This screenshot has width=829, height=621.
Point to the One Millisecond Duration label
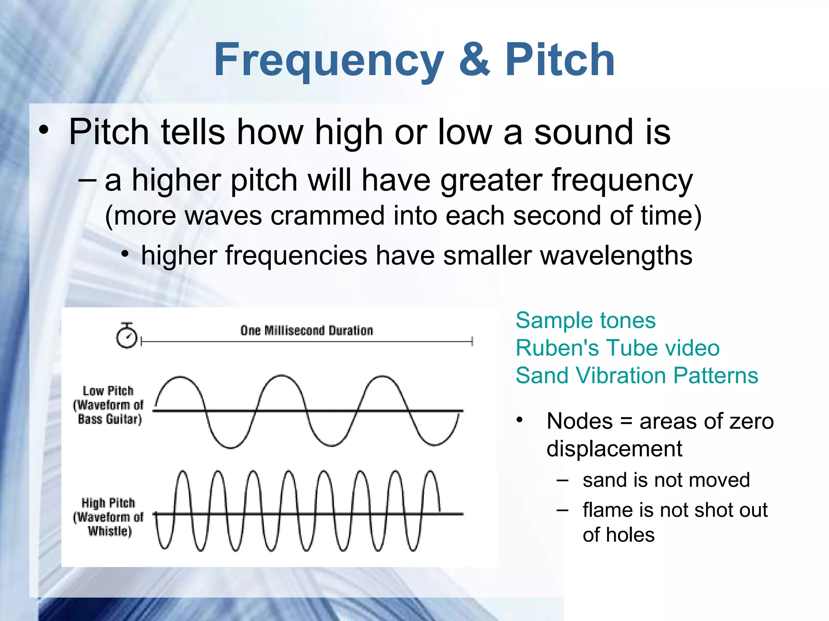click(x=306, y=331)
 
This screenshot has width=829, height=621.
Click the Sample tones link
click(x=585, y=321)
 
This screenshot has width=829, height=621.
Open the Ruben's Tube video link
click(x=617, y=348)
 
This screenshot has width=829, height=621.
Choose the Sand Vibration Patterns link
click(x=636, y=376)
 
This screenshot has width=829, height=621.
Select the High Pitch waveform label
click(x=108, y=517)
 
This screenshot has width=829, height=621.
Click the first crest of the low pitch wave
click(x=180, y=378)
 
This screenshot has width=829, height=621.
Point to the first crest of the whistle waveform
click(x=183, y=472)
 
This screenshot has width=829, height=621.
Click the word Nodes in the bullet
click(x=579, y=421)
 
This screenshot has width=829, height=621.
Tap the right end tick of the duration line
click(x=472, y=342)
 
